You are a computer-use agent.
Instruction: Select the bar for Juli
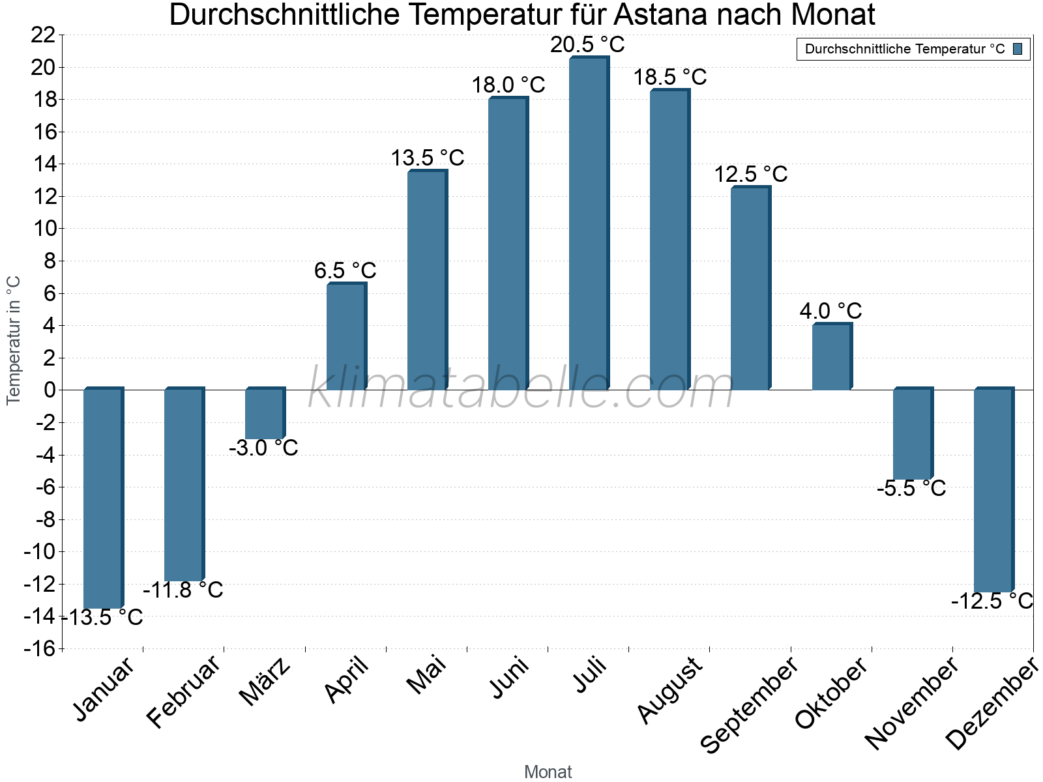click(589, 225)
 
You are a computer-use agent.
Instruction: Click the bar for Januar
click(103, 499)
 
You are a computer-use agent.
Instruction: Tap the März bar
click(265, 414)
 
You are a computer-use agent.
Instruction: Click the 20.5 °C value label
click(587, 45)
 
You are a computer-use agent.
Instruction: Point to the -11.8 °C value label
click(183, 590)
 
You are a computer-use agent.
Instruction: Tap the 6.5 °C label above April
click(345, 270)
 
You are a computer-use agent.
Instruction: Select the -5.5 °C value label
click(911, 489)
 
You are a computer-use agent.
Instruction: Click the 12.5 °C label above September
click(750, 175)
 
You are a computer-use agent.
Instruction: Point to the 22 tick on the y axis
click(43, 35)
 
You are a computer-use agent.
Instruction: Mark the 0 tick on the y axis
click(50, 390)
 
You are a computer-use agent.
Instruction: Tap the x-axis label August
click(670, 691)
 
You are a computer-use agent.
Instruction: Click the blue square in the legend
click(1018, 49)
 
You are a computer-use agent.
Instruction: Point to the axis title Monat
click(548, 772)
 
